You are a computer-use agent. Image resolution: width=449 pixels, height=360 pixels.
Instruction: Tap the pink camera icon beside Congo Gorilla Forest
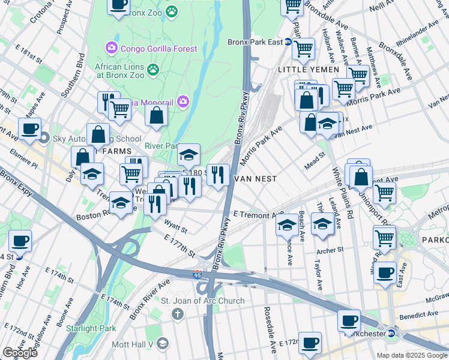tap(111, 47)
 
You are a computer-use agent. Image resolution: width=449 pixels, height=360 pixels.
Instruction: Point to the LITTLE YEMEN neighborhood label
tap(308, 70)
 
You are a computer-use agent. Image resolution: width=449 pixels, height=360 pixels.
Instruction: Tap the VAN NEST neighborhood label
tap(255, 179)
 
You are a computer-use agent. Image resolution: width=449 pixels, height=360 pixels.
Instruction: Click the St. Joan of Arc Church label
tap(202, 301)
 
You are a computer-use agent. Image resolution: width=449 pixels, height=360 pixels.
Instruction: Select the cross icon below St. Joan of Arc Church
tap(177, 314)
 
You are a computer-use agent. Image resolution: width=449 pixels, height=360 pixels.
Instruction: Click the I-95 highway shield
tap(198, 275)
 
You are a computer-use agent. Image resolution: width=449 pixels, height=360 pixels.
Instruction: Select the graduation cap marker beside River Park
tap(188, 155)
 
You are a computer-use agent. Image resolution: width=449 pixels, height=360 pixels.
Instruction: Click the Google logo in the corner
tap(20, 352)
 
